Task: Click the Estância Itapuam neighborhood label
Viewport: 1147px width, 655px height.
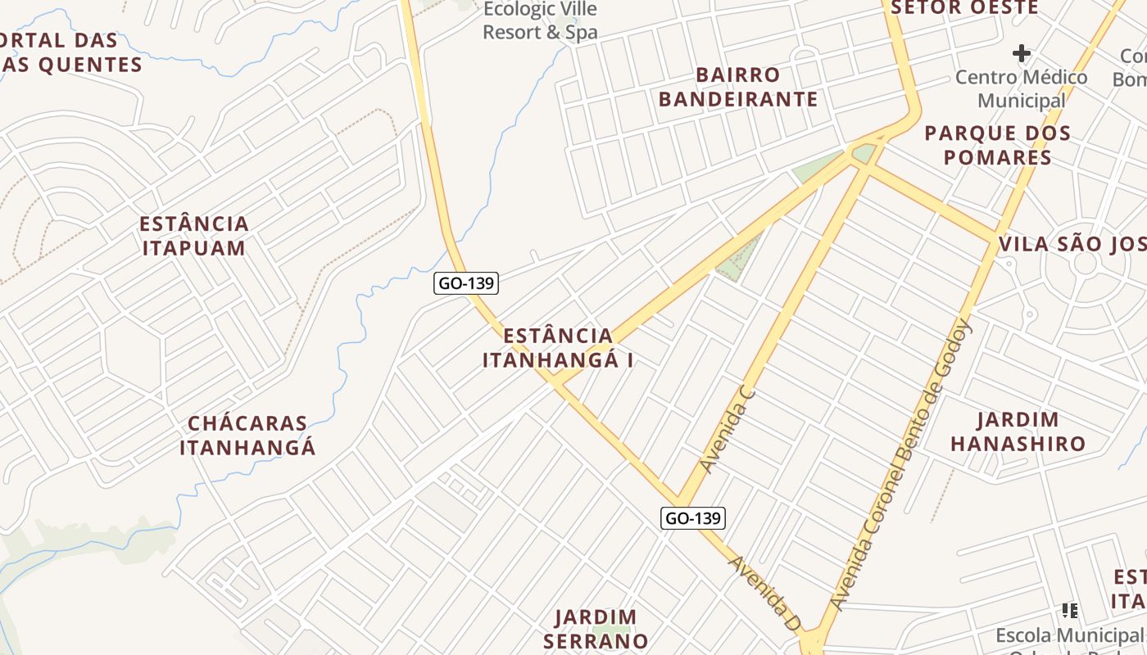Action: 194,236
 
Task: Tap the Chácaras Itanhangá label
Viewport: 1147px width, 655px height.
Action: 247,436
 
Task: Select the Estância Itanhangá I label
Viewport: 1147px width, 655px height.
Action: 558,348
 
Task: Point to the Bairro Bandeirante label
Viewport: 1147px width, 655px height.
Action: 738,88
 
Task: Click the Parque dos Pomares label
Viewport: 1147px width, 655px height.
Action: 997,145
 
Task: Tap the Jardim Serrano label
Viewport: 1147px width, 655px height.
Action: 596,629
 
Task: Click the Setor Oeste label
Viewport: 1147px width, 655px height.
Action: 964,8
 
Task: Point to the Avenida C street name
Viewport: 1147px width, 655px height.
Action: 728,431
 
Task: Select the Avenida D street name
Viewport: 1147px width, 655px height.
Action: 764,593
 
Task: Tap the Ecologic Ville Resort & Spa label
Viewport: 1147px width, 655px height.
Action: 540,21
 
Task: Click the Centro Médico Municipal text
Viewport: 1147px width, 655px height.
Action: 1021,88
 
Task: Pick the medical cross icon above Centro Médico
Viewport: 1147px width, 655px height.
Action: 1021,54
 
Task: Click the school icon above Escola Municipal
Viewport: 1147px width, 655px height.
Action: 1069,610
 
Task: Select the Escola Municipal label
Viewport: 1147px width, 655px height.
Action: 1068,635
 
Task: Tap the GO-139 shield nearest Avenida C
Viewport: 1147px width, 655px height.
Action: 693,517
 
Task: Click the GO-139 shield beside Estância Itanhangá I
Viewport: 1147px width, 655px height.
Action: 466,283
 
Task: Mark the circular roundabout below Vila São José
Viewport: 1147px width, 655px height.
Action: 1085,264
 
